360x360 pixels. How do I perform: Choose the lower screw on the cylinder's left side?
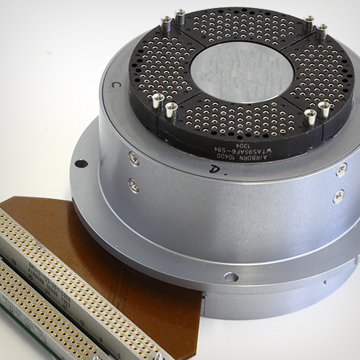[x=134, y=185]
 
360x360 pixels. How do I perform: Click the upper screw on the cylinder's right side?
[x=341, y=169]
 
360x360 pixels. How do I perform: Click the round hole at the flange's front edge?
[x=230, y=276]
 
